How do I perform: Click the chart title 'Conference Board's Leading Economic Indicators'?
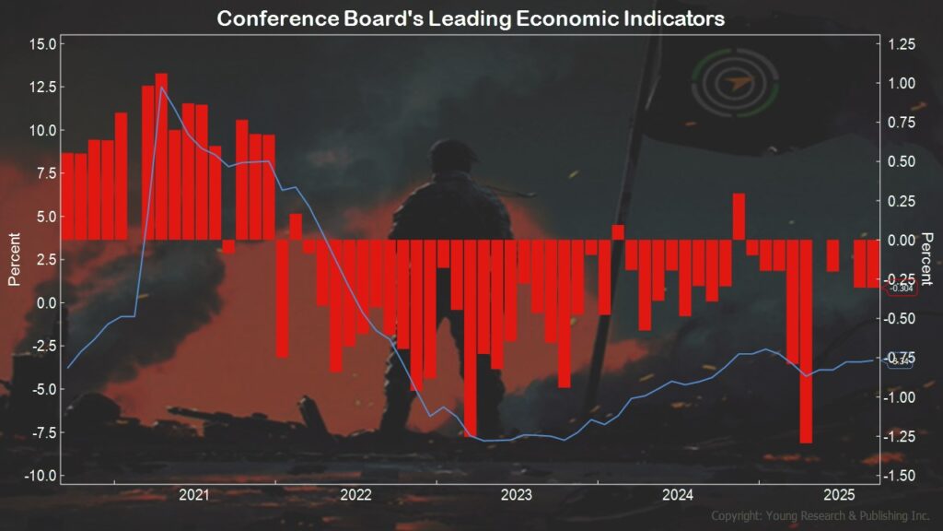(x=471, y=18)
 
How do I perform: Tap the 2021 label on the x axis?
(x=194, y=495)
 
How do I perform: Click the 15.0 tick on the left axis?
(x=43, y=44)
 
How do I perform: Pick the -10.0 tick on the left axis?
(x=41, y=476)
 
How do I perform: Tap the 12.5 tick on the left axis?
(x=43, y=87)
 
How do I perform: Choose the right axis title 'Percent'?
(x=927, y=260)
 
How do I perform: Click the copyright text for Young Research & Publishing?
(x=822, y=515)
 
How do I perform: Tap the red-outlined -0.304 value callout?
(x=901, y=289)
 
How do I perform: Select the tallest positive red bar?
(x=161, y=156)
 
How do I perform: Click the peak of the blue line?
(x=162, y=88)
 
